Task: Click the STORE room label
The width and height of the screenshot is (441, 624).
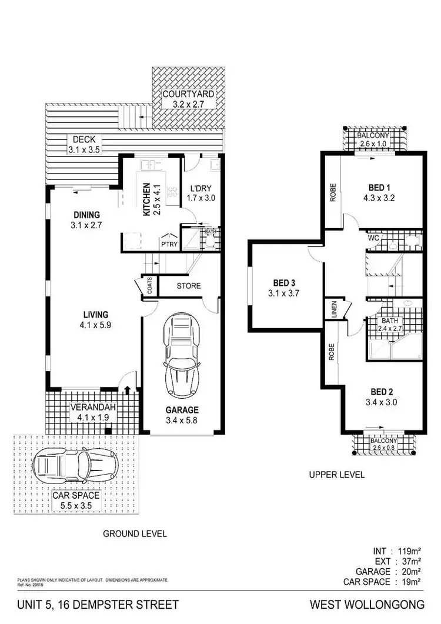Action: coord(189,286)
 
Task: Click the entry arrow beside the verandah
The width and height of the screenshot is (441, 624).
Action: coord(127,389)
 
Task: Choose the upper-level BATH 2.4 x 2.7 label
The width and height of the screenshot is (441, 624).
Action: coord(390,324)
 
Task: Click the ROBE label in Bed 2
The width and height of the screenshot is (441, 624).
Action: coord(332,355)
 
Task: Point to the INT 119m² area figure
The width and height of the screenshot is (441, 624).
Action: coord(397,551)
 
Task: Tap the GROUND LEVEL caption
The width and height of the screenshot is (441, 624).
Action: coord(135,534)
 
